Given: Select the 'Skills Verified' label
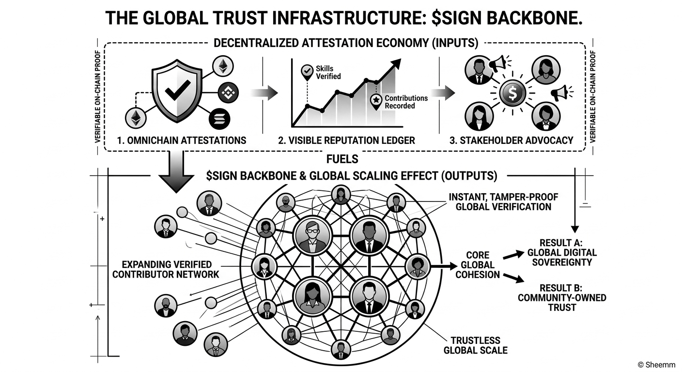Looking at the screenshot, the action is [328, 73].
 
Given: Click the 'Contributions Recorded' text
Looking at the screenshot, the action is [406, 102].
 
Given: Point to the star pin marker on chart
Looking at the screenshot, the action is [376, 100].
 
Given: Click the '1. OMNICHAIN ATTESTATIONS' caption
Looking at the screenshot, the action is [182, 140].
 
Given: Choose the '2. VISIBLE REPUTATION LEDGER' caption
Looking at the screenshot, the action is [346, 140].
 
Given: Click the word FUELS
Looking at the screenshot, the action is [342, 159].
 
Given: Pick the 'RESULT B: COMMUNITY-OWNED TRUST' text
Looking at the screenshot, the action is [562, 297].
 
